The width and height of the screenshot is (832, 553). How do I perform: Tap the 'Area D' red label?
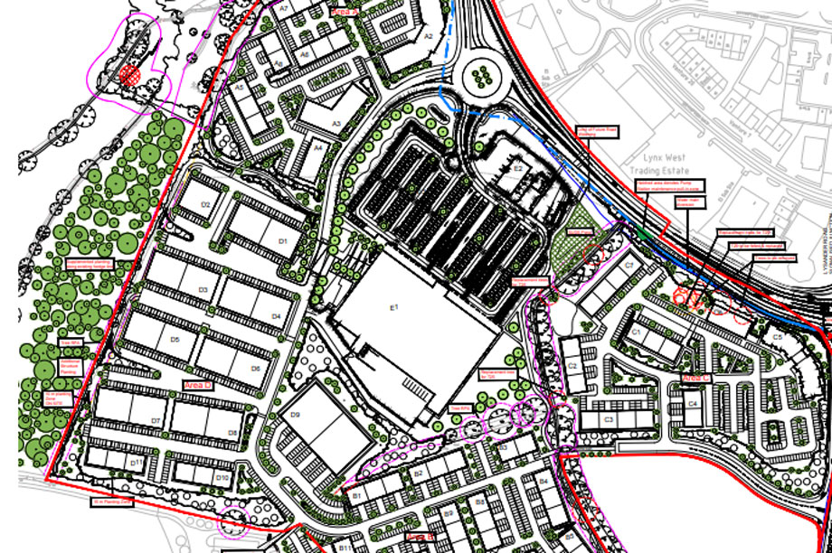point(196,385)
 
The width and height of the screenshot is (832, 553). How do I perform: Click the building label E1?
point(394,310)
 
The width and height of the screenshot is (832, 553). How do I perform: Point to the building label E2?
point(518,168)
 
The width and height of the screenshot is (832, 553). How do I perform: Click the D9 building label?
point(295,415)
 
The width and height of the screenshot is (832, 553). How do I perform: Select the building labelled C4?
point(693,403)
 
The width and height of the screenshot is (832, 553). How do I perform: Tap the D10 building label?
point(222,476)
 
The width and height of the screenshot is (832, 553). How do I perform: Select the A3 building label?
point(336,124)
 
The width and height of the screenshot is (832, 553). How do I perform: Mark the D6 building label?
point(256,369)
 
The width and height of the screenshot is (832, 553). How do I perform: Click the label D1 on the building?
point(282,241)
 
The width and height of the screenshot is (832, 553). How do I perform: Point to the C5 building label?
point(777,337)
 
